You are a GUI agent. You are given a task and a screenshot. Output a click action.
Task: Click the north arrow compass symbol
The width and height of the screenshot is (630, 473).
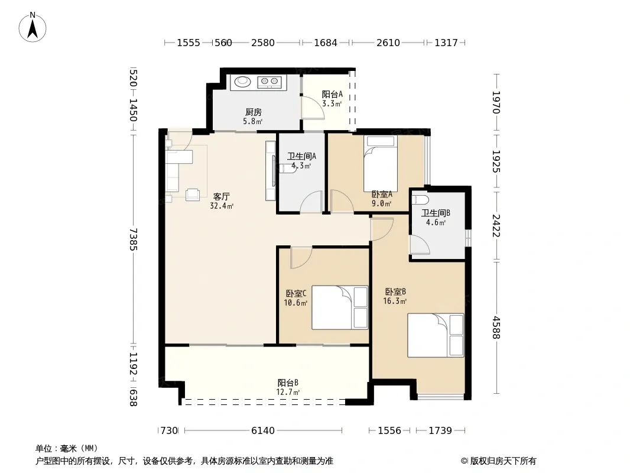point(33,27)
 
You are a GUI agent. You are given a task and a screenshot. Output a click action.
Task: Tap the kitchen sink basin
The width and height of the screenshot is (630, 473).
point(243,82)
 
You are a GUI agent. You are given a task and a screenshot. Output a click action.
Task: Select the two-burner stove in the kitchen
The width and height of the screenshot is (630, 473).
point(269,82)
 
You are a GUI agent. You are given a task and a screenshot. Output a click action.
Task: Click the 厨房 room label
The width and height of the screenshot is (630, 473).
point(254,112)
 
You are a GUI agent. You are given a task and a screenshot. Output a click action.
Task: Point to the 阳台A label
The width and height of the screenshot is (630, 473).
point(332,94)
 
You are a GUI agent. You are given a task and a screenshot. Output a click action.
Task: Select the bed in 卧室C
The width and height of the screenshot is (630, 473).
point(340,307)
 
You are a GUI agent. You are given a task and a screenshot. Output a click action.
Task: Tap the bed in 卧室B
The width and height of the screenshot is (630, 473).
point(436,335)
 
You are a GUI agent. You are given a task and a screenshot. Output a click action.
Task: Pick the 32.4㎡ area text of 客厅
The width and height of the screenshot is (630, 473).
point(222,206)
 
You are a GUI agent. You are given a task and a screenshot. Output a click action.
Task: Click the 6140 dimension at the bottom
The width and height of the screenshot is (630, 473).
point(263,431)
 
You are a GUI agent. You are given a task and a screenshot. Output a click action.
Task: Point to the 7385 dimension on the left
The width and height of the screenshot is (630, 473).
point(134,239)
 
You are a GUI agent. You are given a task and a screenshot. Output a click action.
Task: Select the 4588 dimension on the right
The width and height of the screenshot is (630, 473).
point(496,328)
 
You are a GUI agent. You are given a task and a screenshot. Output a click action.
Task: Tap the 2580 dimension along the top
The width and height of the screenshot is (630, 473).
point(263,43)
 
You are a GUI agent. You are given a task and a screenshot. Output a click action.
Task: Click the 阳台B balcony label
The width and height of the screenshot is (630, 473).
point(288,383)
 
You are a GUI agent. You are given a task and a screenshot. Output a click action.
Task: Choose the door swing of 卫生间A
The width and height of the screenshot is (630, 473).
point(311,202)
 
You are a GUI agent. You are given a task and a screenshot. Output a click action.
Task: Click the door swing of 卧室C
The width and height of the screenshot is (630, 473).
point(301,258)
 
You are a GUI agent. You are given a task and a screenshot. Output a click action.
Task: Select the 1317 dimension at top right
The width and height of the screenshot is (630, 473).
point(446,43)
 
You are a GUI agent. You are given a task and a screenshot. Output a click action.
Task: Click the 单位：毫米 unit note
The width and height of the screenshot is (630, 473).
point(67,448)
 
